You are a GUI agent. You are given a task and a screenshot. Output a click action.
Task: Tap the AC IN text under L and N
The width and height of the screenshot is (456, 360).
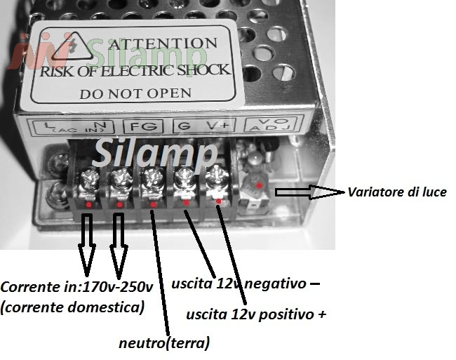click(x=71, y=131)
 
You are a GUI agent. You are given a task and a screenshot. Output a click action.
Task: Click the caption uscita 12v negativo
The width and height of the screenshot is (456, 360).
click(x=245, y=284)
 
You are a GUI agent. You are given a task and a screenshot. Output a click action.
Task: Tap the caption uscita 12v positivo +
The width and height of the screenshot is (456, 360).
click(x=256, y=314)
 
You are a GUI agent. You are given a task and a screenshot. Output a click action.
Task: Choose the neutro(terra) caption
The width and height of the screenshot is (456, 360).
click(x=164, y=342)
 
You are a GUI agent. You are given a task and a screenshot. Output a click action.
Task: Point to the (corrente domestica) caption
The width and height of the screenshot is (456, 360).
click(x=73, y=307)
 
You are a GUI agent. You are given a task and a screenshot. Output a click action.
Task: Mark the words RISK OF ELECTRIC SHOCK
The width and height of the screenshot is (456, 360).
click(x=135, y=69)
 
